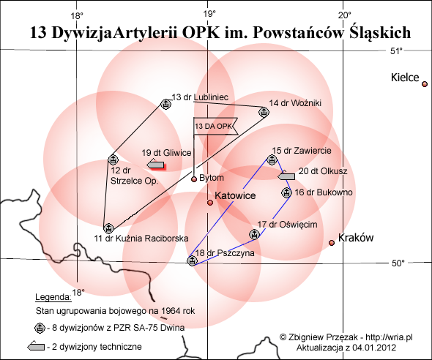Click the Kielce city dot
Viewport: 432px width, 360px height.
click(425, 84)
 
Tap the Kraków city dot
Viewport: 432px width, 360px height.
click(332, 243)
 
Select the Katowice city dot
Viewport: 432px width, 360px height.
click(210, 203)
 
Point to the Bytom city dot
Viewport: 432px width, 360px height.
click(194, 179)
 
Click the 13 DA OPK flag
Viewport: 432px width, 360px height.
click(215, 127)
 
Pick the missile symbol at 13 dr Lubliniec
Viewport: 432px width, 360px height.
click(166, 104)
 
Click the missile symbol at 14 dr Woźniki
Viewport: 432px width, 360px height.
click(264, 112)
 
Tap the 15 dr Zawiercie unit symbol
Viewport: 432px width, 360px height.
click(272, 160)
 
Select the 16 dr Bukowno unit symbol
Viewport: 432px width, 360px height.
click(286, 192)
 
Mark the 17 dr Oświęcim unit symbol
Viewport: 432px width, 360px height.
click(254, 234)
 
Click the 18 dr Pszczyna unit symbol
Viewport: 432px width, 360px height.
click(193, 260)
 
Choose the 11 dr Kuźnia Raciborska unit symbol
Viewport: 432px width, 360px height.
click(108, 228)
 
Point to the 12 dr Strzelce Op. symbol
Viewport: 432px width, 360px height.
click(113, 160)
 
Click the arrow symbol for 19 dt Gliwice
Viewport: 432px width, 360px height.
click(155, 165)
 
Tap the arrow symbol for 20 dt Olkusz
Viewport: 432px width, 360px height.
click(286, 176)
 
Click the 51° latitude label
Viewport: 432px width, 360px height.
click(396, 51)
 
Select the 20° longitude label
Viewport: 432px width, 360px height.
click(345, 15)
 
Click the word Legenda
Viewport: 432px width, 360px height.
click(53, 297)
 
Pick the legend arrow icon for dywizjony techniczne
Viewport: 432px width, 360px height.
click(36, 346)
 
